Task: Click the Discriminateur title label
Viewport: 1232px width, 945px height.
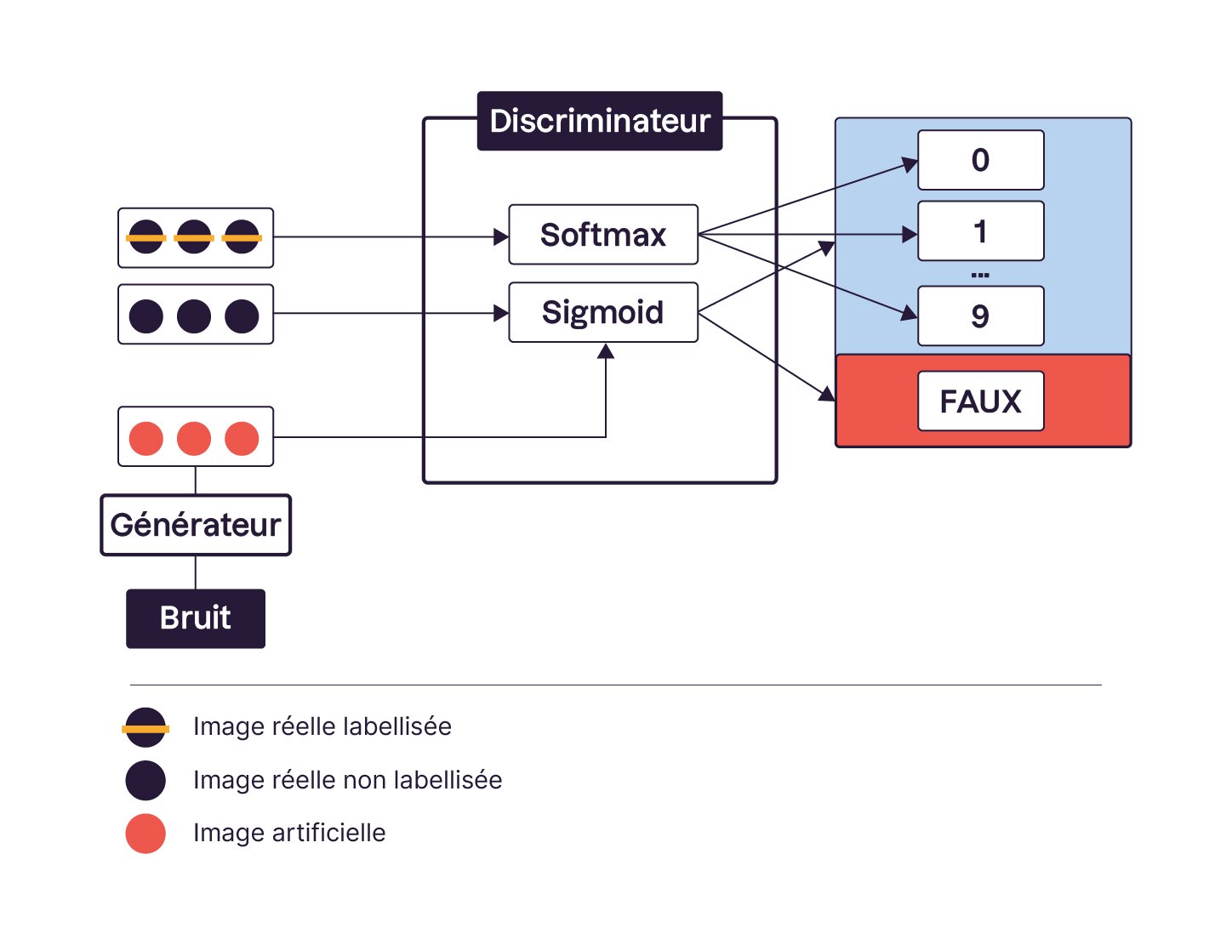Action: click(600, 121)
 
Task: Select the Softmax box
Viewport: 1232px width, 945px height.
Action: click(603, 235)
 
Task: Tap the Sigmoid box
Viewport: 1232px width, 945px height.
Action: click(603, 312)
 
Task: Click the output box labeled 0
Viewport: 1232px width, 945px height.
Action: click(980, 160)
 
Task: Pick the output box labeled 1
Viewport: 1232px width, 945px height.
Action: click(980, 231)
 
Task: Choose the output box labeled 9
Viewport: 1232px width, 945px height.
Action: click(980, 316)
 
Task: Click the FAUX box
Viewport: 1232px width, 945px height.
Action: click(980, 401)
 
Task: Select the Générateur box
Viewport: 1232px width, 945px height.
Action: click(196, 525)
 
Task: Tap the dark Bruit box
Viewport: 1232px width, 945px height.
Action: click(196, 618)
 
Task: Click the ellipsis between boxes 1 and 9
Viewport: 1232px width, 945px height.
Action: click(980, 275)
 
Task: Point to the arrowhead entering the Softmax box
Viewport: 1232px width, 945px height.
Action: click(501, 237)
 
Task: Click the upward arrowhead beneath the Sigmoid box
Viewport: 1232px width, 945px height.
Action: click(606, 351)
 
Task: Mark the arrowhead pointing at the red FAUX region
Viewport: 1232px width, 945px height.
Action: click(827, 394)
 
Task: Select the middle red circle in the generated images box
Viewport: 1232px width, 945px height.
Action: click(194, 439)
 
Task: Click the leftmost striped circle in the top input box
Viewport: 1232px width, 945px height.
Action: click(146, 237)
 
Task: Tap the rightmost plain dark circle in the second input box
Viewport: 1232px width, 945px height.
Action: click(242, 316)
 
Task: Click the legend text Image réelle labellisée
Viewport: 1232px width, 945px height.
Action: click(322, 726)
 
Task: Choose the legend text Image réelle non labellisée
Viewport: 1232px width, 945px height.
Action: click(347, 780)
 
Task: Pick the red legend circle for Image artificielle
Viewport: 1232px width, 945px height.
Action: click(145, 834)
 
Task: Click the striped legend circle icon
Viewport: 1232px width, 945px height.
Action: click(145, 728)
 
